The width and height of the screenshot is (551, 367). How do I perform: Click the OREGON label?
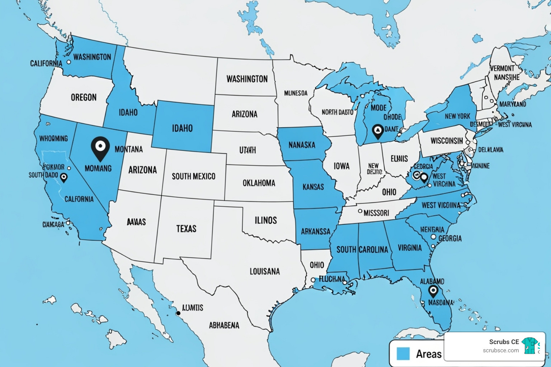coord(84,97)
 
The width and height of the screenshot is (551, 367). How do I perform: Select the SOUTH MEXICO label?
coord(193,176)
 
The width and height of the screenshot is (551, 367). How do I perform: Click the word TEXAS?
coord(186,229)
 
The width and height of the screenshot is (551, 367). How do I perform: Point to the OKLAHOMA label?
coord(259,183)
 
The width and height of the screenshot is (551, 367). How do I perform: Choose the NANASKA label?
coord(302,145)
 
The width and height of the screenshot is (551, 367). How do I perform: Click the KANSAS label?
coord(313,187)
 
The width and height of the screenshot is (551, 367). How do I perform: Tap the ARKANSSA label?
coord(315,232)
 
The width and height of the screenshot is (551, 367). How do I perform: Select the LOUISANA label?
coord(265,272)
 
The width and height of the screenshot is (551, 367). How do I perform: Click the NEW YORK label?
coord(457,116)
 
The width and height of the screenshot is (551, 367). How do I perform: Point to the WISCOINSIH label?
coord(447,141)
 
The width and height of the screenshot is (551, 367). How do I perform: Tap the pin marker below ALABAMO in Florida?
coord(433,291)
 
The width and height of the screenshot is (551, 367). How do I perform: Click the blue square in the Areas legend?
coord(403,353)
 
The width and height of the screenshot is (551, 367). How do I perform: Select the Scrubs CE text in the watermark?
coord(504,342)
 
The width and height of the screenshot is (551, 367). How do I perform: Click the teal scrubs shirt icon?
coord(529,345)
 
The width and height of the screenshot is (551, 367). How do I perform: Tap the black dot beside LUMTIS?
coord(178,313)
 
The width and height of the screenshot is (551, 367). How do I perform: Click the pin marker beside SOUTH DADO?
coord(64,177)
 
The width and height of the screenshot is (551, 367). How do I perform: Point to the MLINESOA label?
coord(296,93)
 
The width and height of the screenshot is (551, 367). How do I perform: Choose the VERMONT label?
coord(502,68)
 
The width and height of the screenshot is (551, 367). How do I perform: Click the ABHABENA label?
coord(224,325)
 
